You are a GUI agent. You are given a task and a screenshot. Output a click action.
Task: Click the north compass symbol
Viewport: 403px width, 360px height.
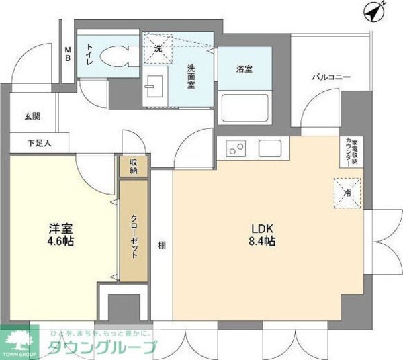coord(374,11)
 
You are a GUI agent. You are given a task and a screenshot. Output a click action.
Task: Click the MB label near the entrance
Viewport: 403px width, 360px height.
coord(68,53)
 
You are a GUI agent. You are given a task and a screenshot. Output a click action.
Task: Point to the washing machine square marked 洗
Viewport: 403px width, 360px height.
coord(159,48)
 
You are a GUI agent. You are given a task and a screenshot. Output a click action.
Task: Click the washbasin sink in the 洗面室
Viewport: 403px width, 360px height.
coord(152,85)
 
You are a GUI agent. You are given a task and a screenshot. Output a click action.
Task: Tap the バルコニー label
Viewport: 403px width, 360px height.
coord(330,78)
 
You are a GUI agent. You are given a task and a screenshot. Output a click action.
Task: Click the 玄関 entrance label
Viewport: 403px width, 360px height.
coord(32,116)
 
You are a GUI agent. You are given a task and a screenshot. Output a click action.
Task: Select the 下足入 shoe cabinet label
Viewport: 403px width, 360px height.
coord(39,142)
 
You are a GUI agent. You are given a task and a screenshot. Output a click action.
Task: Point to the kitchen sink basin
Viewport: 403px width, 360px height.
coord(271,148)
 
